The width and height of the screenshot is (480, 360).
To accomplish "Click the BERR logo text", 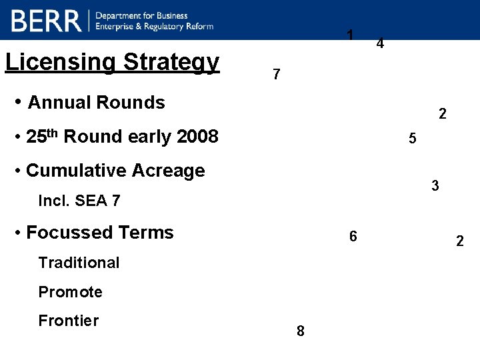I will [45, 21].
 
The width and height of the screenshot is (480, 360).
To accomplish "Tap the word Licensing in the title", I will [61, 62].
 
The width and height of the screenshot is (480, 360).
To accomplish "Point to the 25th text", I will [42, 136].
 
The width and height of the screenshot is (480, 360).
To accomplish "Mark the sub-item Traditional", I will [79, 263].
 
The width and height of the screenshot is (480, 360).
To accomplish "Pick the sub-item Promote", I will [70, 292].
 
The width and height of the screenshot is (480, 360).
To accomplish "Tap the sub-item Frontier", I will [68, 321].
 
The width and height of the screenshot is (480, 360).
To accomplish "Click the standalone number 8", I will [301, 331].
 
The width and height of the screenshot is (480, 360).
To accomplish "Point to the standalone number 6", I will [353, 237].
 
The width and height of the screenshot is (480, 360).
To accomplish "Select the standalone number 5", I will [413, 139].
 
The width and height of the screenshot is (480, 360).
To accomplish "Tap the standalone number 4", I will [379, 44].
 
